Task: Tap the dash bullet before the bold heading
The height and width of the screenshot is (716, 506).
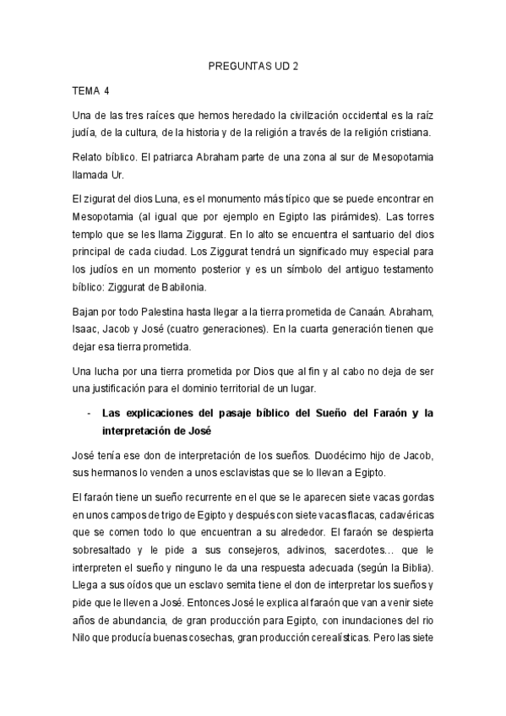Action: coord(90,413)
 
